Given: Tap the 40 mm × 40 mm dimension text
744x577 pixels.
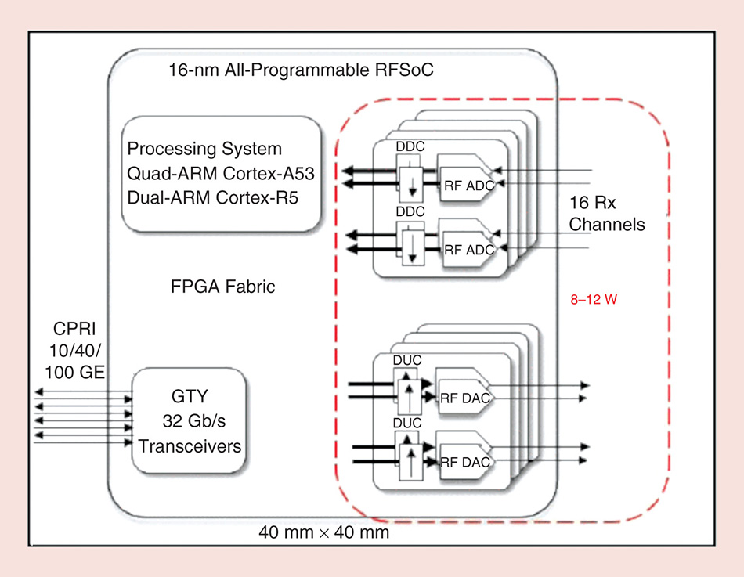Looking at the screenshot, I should click(323, 533).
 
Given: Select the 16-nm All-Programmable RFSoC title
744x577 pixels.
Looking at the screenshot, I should click(302, 70).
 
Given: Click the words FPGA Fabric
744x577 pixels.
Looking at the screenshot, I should click(223, 287).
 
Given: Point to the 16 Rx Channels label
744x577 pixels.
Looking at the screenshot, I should click(606, 214).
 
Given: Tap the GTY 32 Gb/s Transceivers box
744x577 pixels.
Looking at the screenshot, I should click(190, 421).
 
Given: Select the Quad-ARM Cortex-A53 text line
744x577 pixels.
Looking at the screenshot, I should click(221, 172).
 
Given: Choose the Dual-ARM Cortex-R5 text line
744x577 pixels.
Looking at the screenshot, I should click(212, 196).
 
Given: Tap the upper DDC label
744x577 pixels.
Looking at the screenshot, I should click(410, 146).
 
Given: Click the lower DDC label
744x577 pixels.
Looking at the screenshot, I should click(410, 212).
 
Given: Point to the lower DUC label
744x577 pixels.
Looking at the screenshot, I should click(407, 424).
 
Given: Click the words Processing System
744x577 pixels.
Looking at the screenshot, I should click(204, 149).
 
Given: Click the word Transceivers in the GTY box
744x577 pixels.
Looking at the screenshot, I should click(190, 446).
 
